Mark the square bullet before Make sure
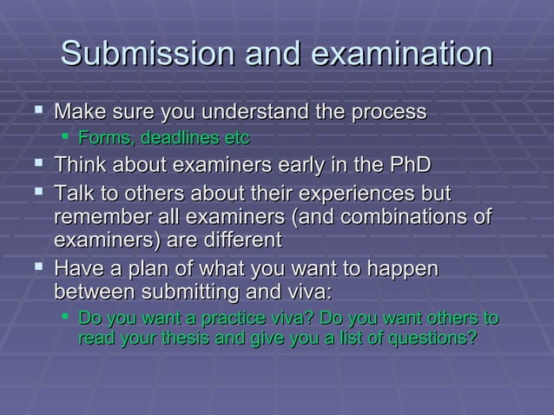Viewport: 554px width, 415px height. (x=36, y=112)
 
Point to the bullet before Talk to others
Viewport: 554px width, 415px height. (x=36, y=190)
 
